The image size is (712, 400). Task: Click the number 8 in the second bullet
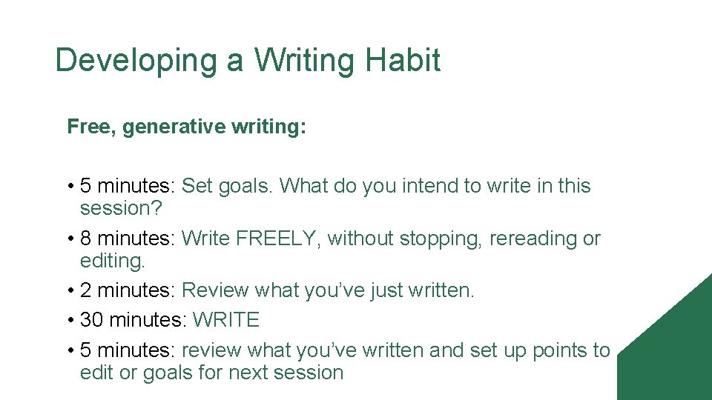(85, 239)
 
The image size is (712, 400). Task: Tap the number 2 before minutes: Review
(85, 290)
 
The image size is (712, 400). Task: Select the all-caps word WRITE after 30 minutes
(225, 320)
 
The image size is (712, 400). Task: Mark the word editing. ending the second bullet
(113, 261)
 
